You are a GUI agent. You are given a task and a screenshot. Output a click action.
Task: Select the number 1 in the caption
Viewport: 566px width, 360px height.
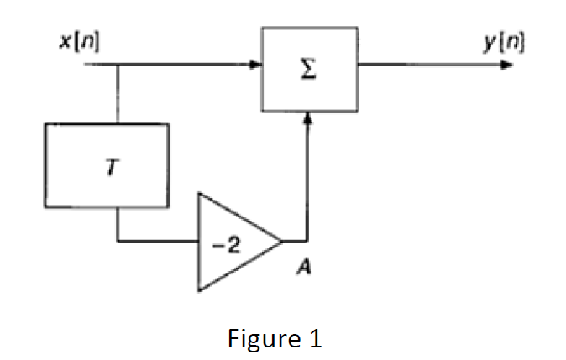(x=314, y=339)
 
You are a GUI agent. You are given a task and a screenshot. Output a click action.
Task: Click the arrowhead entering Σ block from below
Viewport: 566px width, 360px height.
(x=308, y=120)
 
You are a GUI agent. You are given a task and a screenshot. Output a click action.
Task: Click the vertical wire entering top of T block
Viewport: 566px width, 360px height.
(x=118, y=92)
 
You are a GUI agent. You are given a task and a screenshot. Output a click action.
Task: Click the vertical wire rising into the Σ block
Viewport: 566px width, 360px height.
(x=308, y=180)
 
